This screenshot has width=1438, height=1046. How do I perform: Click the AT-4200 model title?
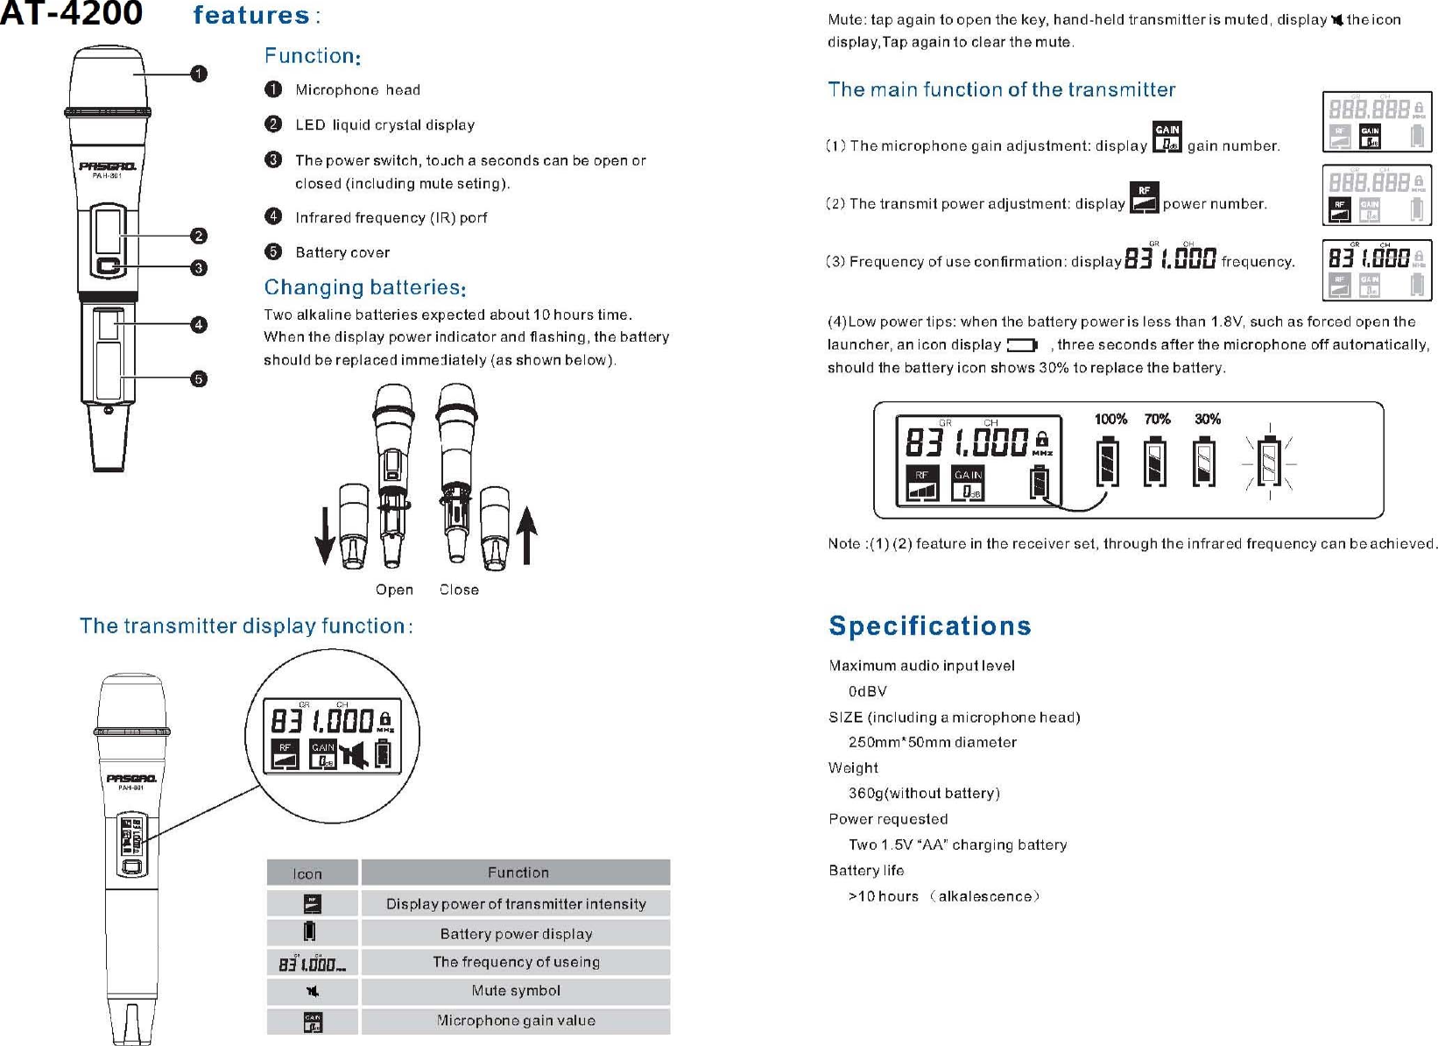(72, 14)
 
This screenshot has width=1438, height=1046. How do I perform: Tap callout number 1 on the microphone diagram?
(199, 74)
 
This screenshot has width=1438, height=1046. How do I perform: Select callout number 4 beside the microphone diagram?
(199, 325)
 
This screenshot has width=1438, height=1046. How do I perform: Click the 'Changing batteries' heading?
(364, 287)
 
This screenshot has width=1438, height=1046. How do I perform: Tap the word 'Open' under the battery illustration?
(394, 590)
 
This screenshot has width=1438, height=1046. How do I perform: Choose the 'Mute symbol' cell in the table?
(516, 991)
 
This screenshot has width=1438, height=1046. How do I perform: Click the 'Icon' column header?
(307, 873)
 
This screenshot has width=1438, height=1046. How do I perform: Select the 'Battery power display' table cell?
(516, 934)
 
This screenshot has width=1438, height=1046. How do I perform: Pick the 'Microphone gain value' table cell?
(516, 1021)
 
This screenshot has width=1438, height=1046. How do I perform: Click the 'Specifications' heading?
(930, 625)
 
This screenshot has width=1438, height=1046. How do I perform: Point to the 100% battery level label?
(1110, 420)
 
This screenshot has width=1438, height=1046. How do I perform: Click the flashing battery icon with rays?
(1269, 461)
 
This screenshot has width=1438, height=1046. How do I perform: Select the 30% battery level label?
(1208, 420)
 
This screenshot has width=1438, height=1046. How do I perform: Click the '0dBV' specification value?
(868, 691)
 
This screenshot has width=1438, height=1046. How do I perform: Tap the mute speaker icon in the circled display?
(355, 754)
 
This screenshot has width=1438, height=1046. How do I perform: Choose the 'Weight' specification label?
(853, 767)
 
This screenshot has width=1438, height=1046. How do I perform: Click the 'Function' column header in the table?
(518, 873)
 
